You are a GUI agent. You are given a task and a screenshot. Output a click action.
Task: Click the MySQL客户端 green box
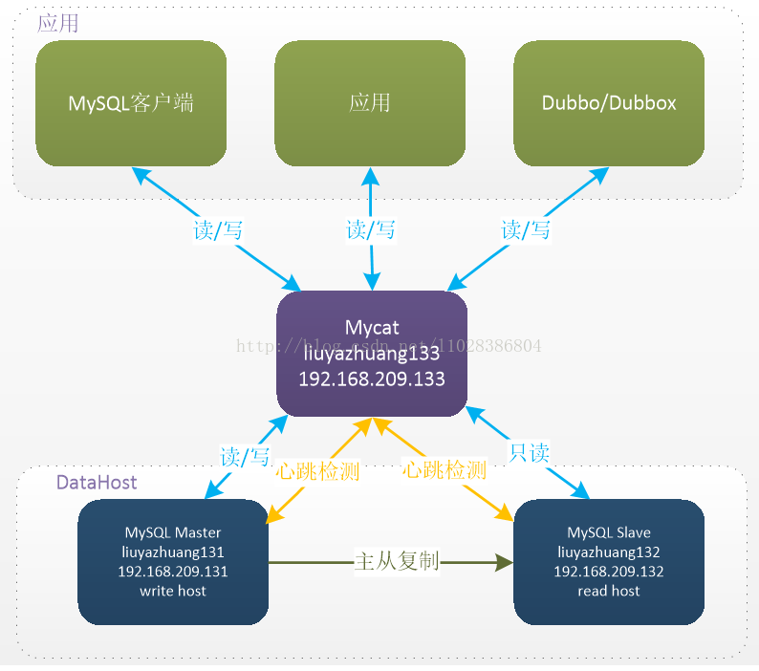131,103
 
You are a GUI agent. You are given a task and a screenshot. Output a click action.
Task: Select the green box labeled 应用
370,103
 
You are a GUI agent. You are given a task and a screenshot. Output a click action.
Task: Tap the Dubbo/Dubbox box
609,103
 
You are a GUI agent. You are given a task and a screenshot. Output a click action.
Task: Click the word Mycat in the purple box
372,328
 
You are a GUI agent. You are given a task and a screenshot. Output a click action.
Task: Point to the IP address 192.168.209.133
372,379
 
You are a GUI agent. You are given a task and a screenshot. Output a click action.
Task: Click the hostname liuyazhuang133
372,354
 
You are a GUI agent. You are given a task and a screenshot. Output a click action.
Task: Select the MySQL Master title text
173,532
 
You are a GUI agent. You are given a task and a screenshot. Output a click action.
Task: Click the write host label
173,591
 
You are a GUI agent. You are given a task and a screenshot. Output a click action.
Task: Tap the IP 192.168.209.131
173,572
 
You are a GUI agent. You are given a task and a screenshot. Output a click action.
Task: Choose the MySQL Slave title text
609,532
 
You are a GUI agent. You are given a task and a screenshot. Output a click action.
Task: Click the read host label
609,591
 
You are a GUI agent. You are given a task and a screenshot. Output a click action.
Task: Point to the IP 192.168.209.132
609,572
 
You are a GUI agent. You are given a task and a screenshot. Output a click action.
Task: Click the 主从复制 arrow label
397,561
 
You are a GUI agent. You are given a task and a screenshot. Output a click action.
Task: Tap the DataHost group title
97,483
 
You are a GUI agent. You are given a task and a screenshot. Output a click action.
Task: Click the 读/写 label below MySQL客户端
216,230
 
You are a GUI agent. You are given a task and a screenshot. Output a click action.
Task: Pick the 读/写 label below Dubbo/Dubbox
526,230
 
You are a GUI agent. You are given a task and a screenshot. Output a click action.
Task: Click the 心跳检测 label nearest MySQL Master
317,470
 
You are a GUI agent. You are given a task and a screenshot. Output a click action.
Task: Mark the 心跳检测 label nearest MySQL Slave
445,470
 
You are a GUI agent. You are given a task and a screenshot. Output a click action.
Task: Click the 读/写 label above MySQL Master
245,457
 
